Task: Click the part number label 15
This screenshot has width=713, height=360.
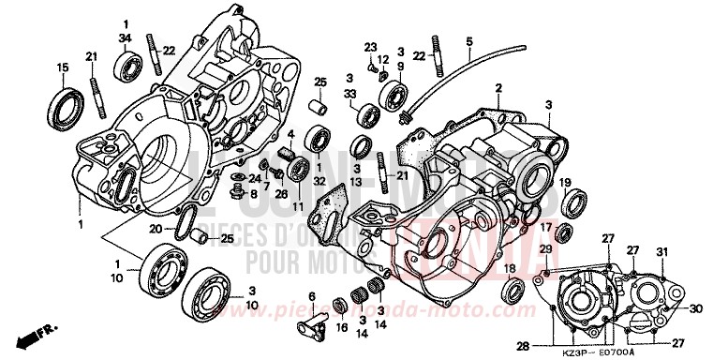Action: coord(63,67)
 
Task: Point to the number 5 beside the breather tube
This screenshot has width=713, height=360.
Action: coord(469,41)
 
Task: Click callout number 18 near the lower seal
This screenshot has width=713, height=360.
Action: coord(511,269)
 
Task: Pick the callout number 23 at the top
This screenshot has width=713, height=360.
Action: coord(370,46)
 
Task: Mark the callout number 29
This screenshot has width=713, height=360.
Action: coord(543,247)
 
